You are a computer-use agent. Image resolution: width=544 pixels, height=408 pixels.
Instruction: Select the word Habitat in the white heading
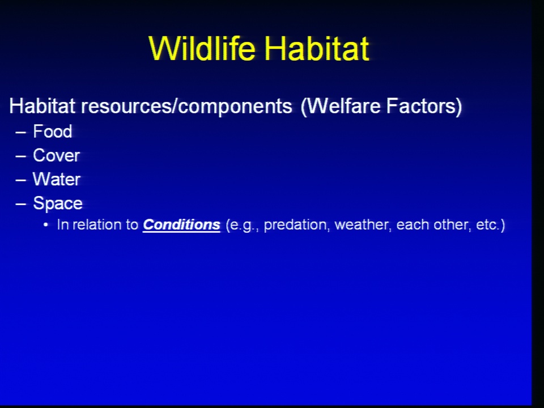[42, 105]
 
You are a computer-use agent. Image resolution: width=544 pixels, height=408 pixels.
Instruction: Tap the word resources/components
[186, 106]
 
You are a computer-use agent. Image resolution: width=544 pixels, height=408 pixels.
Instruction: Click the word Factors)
[424, 105]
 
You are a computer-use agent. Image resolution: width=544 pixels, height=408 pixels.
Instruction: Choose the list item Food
[52, 131]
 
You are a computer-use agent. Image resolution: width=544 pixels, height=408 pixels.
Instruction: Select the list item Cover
[57, 155]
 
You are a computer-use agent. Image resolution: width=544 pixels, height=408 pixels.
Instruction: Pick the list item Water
[57, 180]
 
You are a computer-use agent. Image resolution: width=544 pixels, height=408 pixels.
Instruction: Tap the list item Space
[58, 203]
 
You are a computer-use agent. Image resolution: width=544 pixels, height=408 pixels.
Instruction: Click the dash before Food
[21, 133]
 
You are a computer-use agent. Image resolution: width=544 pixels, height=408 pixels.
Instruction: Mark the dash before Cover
[21, 156]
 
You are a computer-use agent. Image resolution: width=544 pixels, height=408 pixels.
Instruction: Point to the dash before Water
[21, 180]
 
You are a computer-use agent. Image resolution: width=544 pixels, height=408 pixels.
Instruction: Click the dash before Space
[21, 205]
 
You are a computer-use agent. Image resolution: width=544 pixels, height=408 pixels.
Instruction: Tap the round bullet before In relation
[46, 225]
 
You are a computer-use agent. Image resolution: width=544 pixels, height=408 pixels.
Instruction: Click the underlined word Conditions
[181, 225]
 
